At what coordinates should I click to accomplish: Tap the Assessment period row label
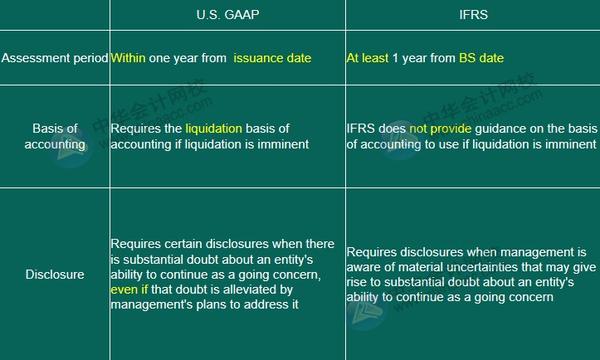click(x=54, y=58)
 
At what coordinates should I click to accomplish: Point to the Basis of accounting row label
click(x=54, y=136)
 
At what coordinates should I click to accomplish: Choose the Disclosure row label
click(x=54, y=272)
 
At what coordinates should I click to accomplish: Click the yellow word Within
click(x=128, y=58)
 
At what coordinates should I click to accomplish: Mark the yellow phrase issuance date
click(x=272, y=58)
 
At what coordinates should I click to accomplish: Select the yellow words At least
click(x=365, y=58)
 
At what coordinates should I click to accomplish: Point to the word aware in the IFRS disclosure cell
click(x=365, y=267)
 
